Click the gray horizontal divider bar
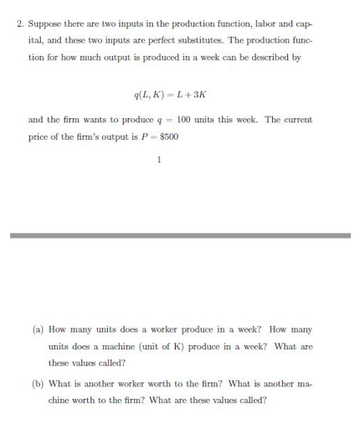(x=180, y=235)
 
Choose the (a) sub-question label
(x=39, y=329)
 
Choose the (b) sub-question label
(x=39, y=383)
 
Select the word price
(x=39, y=136)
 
